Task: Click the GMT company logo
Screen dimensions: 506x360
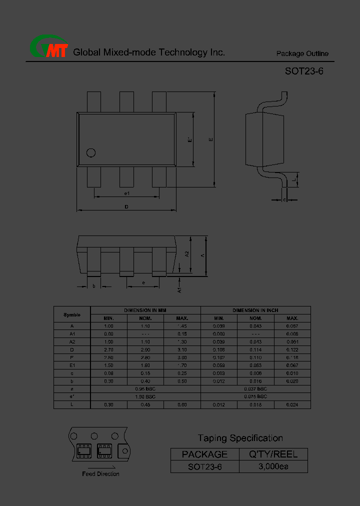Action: click(48, 48)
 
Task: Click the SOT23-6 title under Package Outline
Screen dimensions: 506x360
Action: click(304, 71)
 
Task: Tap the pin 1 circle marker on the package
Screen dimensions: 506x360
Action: click(91, 153)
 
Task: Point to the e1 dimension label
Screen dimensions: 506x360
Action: click(127, 193)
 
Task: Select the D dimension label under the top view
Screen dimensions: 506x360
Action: click(126, 206)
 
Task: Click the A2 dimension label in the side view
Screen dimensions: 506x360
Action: click(187, 254)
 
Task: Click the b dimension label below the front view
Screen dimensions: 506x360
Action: click(93, 286)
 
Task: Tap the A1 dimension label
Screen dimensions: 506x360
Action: click(179, 289)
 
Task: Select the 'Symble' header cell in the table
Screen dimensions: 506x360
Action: click(72, 314)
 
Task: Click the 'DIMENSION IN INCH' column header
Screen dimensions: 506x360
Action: click(255, 310)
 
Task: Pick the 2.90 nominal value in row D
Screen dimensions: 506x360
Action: click(145, 349)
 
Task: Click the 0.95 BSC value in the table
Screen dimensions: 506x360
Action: click(145, 388)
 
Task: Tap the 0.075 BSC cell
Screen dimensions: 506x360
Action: click(255, 396)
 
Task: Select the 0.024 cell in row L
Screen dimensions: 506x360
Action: click(292, 404)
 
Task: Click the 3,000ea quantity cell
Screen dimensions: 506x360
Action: click(273, 466)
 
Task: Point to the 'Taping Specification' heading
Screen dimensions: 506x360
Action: click(240, 438)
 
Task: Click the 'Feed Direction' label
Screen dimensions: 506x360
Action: click(100, 474)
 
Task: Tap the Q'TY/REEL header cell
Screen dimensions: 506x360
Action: click(273, 454)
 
